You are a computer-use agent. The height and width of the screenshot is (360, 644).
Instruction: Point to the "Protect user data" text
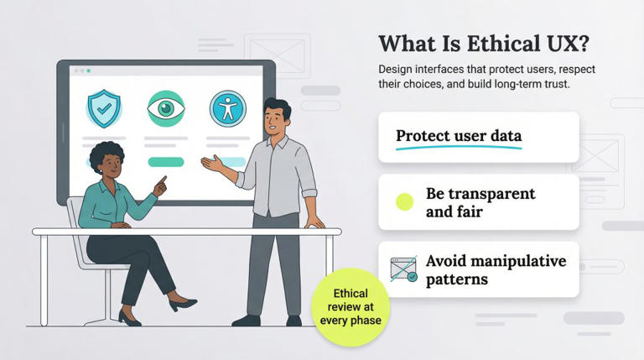tap(458, 136)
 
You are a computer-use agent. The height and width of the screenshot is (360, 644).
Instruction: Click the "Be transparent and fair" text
tap(480, 202)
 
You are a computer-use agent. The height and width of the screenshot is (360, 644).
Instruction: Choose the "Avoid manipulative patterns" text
tap(495, 269)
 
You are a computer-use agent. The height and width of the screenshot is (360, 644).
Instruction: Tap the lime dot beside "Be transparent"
tap(405, 201)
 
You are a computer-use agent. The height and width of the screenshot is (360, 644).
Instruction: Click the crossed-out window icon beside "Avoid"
tap(404, 269)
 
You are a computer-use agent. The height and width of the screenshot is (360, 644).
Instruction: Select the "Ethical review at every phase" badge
tap(351, 307)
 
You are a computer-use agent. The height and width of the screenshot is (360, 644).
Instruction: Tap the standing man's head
tap(278, 117)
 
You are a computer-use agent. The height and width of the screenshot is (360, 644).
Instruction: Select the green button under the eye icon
tap(165, 162)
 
